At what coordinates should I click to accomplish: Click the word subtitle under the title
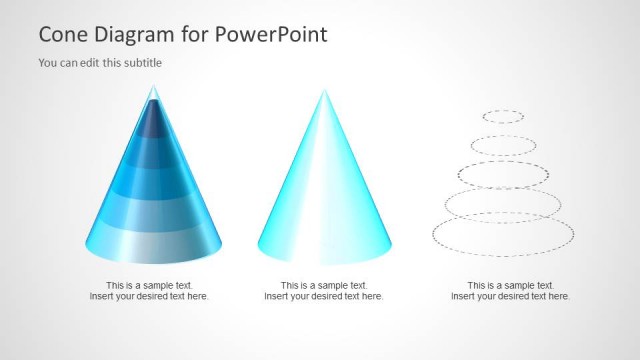click(141, 63)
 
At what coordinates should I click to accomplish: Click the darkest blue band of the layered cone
click(153, 122)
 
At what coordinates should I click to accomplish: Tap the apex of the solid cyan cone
click(324, 91)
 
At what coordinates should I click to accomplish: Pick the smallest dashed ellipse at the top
click(503, 116)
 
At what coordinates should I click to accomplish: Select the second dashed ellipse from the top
click(503, 145)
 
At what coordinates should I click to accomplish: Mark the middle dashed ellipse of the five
click(503, 176)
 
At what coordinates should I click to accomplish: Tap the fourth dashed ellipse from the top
click(503, 205)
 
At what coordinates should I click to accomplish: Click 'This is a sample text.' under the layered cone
click(149, 285)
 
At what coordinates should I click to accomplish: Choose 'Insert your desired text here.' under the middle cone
click(323, 297)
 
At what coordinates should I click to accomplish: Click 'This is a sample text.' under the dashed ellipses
click(510, 285)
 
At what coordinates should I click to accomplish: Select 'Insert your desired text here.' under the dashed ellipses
click(510, 297)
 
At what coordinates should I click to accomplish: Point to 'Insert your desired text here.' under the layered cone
click(149, 297)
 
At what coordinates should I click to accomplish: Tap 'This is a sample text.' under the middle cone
click(323, 285)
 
